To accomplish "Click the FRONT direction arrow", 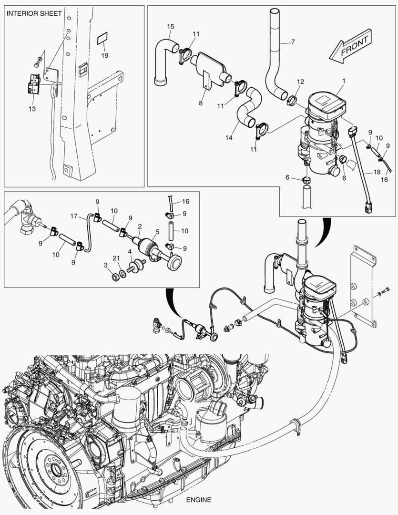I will pyautogui.click(x=351, y=46).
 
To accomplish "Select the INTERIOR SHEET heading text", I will pyautogui.click(x=34, y=14).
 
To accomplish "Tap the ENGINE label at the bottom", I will pyautogui.click(x=199, y=500).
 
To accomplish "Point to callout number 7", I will pyautogui.click(x=293, y=42).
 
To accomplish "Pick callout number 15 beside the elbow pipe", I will pyautogui.click(x=171, y=27).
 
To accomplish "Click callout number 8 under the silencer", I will pyautogui.click(x=201, y=103).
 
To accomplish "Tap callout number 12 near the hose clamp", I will pyautogui.click(x=300, y=82).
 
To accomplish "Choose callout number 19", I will pyautogui.click(x=104, y=55).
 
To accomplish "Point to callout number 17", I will pyautogui.click(x=74, y=216).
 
